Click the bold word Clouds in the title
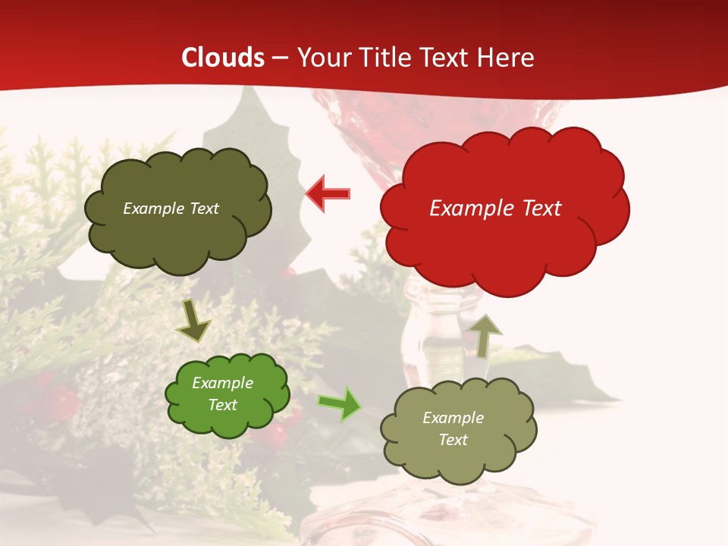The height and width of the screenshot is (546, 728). (223, 58)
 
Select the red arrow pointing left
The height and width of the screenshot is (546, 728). (328, 194)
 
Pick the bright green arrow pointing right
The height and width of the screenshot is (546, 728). (340, 403)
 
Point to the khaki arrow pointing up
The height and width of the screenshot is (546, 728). (485, 335)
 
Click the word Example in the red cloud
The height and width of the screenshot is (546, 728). (465, 209)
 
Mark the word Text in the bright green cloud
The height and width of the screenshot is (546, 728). (223, 405)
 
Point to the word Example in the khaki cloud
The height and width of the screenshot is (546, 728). (453, 418)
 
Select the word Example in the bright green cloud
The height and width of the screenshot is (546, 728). (223, 383)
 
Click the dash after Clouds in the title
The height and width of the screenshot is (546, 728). (280, 58)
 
